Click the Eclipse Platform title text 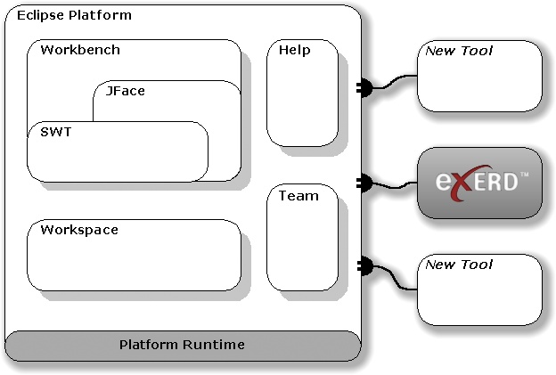coord(74,15)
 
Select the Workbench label coord(80,50)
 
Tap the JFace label coord(125,91)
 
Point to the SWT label coord(55,132)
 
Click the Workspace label coord(79,230)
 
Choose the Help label coord(294,51)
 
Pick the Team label coord(298,196)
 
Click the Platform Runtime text coord(182,344)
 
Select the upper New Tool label coord(459,51)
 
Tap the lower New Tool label coord(459,265)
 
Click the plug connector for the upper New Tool coord(365,86)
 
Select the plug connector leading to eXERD coord(365,183)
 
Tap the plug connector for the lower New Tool coord(365,265)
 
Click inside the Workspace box coord(134,263)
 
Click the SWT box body coord(116,159)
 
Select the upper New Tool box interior coord(479,85)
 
